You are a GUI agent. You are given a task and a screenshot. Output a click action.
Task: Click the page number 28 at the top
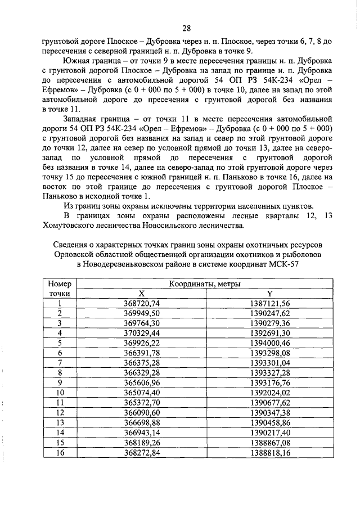[x=187, y=28]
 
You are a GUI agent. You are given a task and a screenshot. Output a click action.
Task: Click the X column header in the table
[x=142, y=294]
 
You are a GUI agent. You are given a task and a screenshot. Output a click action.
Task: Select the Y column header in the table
[x=269, y=294]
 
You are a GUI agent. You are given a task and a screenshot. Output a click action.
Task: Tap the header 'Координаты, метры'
[x=206, y=285]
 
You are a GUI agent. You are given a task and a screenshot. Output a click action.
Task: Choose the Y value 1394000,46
[x=269, y=343]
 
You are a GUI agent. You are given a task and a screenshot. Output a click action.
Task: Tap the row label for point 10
[x=59, y=392]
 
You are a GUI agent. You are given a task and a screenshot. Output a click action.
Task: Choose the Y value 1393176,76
[x=269, y=382]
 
